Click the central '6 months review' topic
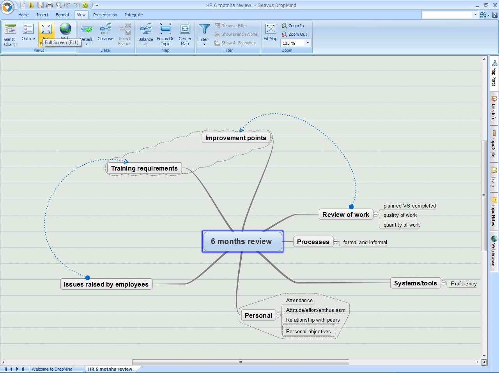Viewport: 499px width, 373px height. [242, 241]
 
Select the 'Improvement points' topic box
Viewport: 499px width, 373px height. [236, 138]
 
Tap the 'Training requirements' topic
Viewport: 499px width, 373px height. [144, 168]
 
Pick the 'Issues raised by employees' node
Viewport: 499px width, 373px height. [106, 284]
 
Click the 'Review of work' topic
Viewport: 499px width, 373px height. [346, 215]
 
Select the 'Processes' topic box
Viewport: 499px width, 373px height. [313, 242]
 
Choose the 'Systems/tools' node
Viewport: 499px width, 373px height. [415, 283]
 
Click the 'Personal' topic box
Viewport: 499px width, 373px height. [258, 315]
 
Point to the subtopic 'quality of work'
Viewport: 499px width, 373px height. [400, 215]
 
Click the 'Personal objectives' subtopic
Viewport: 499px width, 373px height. [308, 331]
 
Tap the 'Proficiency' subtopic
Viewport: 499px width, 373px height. [464, 283]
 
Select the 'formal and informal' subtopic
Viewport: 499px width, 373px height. [365, 242]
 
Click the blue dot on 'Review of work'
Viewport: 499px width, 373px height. [351, 207]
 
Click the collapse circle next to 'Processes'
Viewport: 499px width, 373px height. [336, 242]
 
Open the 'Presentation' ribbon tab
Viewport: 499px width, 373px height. [105, 15]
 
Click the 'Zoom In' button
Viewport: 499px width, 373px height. [293, 26]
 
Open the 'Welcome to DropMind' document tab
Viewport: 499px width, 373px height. [52, 369]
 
